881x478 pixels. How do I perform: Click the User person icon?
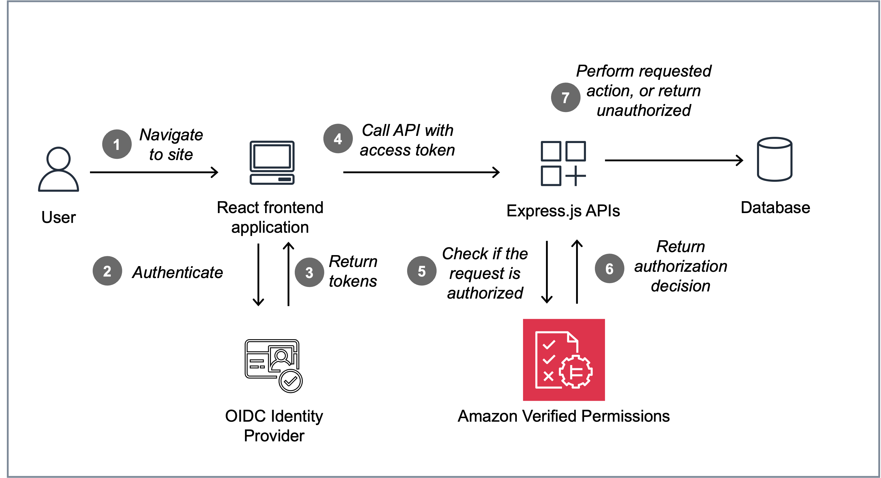coord(58,169)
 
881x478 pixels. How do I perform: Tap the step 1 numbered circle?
coord(117,144)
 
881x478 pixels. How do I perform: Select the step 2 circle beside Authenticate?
coord(107,271)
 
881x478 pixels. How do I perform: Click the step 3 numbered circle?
coord(309,272)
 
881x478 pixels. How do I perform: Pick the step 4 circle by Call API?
coord(338,139)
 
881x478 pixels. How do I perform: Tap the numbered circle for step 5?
coord(421,271)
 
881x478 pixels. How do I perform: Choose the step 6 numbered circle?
coord(609,269)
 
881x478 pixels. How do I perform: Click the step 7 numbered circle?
coord(565,97)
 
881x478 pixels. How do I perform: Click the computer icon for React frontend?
coord(272,163)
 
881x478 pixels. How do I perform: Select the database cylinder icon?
coord(774,159)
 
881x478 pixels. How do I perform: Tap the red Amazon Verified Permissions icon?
coord(564,360)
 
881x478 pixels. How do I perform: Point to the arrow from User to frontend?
coord(154,172)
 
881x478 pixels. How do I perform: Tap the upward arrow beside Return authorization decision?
coord(577,272)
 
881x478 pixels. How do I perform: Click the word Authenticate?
coord(178,272)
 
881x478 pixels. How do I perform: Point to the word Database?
coord(775,207)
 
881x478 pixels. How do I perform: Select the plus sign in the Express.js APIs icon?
coord(576,176)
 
